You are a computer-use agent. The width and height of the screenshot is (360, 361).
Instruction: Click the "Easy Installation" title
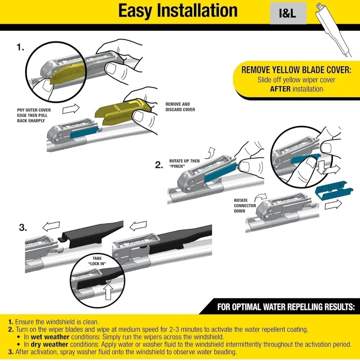click(178, 11)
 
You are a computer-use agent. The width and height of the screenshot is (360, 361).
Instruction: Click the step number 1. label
click(21, 48)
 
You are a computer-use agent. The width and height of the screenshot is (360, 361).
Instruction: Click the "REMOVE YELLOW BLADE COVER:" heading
click(296, 70)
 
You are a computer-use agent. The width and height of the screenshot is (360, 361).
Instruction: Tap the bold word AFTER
click(280, 89)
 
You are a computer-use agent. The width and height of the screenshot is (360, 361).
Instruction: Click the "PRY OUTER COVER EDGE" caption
click(34, 115)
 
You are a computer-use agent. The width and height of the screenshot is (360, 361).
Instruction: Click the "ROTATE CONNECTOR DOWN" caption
click(245, 205)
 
